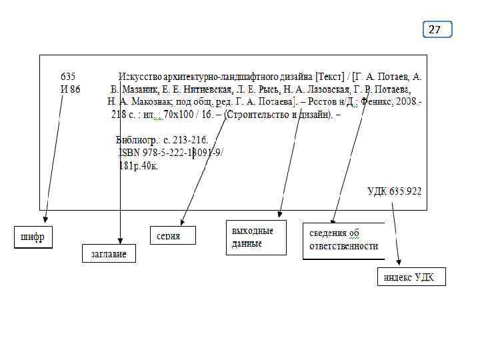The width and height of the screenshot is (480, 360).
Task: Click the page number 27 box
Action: [x=437, y=29]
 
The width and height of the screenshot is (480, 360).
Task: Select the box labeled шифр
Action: [x=33, y=237]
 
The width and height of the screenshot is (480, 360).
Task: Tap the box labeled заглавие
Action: [x=109, y=253]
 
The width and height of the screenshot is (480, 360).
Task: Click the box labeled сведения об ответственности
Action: [x=344, y=240]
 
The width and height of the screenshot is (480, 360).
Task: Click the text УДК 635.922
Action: [x=394, y=191]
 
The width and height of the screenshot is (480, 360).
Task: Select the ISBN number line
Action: [x=171, y=153]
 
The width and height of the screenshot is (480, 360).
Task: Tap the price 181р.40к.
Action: [x=138, y=165]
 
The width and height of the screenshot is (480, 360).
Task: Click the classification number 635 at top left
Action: [x=69, y=77]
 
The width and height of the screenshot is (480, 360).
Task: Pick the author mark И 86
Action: [x=70, y=89]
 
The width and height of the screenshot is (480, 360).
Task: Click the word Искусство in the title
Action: [x=139, y=77]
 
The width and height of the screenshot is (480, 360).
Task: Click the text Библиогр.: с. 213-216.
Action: [x=162, y=140]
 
